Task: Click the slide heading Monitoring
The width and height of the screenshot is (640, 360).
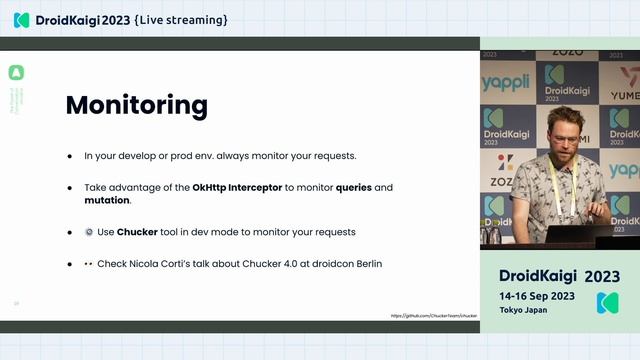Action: click(136, 105)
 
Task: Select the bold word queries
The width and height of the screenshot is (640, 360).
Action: click(356, 187)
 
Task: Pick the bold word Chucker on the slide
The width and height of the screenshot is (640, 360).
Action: click(137, 232)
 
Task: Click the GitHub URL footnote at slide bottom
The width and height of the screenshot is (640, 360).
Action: click(434, 315)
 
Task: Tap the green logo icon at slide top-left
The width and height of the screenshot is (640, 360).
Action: click(16, 73)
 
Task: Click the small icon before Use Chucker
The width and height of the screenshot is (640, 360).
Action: click(88, 232)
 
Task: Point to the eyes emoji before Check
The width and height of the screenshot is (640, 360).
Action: click(88, 263)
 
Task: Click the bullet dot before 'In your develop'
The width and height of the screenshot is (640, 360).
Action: click(70, 157)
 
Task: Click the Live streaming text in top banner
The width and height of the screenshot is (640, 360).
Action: click(180, 19)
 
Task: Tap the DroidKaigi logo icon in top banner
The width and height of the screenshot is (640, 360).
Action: click(21, 19)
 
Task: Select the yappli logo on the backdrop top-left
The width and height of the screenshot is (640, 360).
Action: click(506, 83)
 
